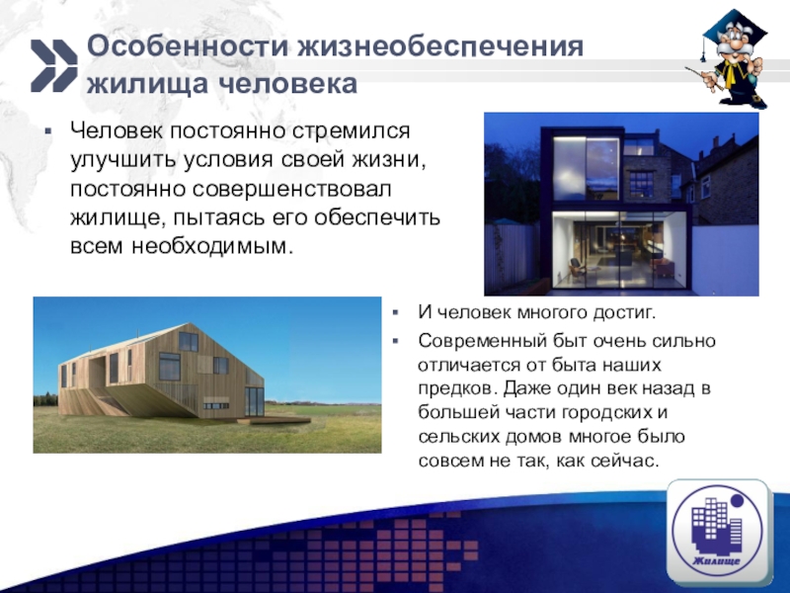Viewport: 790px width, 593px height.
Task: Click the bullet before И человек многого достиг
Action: (395, 314)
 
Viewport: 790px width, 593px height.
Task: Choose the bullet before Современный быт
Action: (395, 340)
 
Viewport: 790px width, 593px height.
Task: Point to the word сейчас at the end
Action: (628, 461)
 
